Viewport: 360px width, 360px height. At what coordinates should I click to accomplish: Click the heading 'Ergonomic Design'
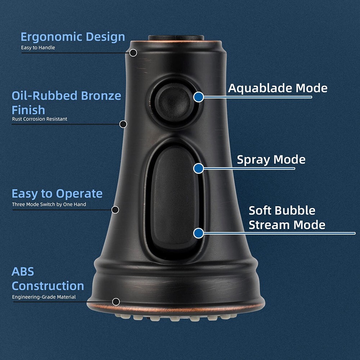tap(73, 37)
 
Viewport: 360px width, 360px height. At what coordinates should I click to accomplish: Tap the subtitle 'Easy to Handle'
tap(38, 48)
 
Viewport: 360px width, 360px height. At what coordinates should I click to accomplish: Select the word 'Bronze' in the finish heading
tap(101, 95)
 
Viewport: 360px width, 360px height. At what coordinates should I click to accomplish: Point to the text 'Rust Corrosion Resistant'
tap(40, 119)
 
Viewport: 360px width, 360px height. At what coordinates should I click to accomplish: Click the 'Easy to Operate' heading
tap(57, 194)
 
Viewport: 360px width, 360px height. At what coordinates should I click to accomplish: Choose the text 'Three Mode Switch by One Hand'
tap(49, 204)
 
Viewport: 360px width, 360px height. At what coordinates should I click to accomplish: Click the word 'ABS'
tap(23, 271)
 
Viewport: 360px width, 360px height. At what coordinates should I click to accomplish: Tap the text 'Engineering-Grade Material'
tap(44, 297)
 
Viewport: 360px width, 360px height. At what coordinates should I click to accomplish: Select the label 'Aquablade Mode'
tap(278, 89)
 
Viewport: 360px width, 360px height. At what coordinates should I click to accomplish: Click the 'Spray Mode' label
tap(271, 160)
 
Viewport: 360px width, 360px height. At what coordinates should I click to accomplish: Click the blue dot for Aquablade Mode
tap(199, 97)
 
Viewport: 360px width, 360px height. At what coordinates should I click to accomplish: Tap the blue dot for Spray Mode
tap(199, 168)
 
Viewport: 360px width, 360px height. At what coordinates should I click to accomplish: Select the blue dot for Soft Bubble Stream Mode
tap(199, 233)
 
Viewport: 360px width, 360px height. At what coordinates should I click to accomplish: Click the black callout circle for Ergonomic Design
tap(133, 53)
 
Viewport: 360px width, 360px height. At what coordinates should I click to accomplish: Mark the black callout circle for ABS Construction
tap(116, 302)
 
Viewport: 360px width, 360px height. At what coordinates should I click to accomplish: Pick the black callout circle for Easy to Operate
tap(115, 210)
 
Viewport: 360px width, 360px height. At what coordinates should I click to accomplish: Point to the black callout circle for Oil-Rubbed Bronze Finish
tap(123, 124)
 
